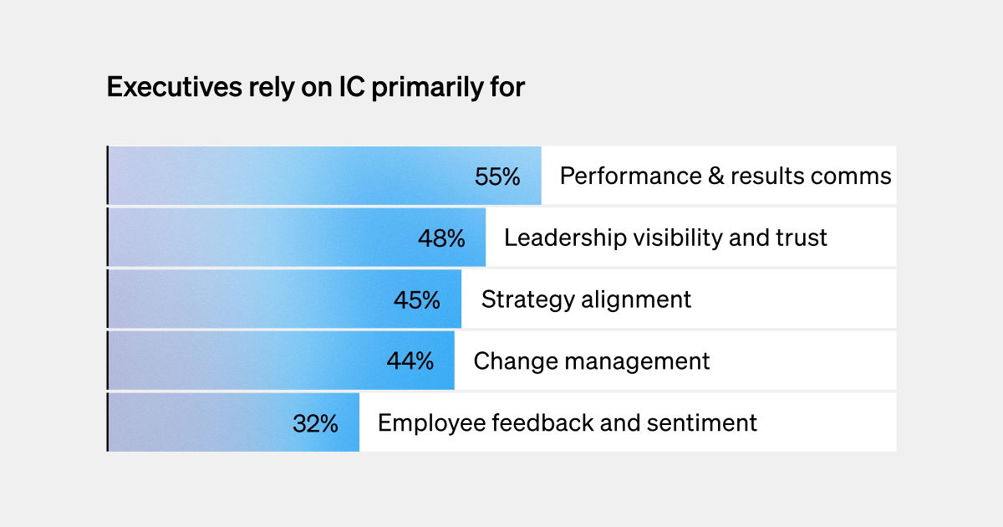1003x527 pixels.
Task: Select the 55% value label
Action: pyautogui.click(x=497, y=177)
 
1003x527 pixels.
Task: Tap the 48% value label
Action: pyautogui.click(x=441, y=238)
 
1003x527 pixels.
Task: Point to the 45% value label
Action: pyautogui.click(x=416, y=299)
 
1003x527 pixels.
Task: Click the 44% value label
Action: pyautogui.click(x=410, y=361)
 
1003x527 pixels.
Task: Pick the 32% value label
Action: pyautogui.click(x=315, y=423)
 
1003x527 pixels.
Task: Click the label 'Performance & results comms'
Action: pyautogui.click(x=725, y=177)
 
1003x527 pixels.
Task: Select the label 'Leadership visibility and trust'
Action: pyautogui.click(x=665, y=238)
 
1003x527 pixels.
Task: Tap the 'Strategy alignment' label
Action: pyautogui.click(x=586, y=299)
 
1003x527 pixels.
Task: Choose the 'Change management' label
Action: pyautogui.click(x=591, y=361)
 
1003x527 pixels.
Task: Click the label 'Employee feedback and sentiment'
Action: pyautogui.click(x=567, y=423)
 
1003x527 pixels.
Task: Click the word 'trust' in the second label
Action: pyautogui.click(x=800, y=238)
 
